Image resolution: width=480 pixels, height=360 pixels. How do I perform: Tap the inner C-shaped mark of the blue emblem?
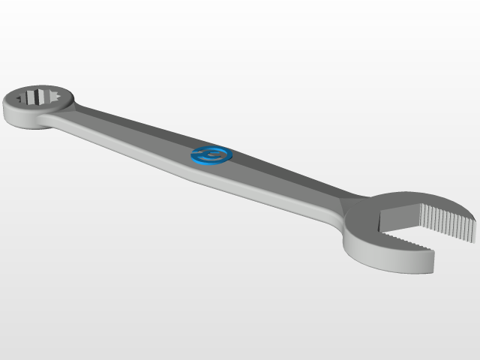(212, 154)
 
